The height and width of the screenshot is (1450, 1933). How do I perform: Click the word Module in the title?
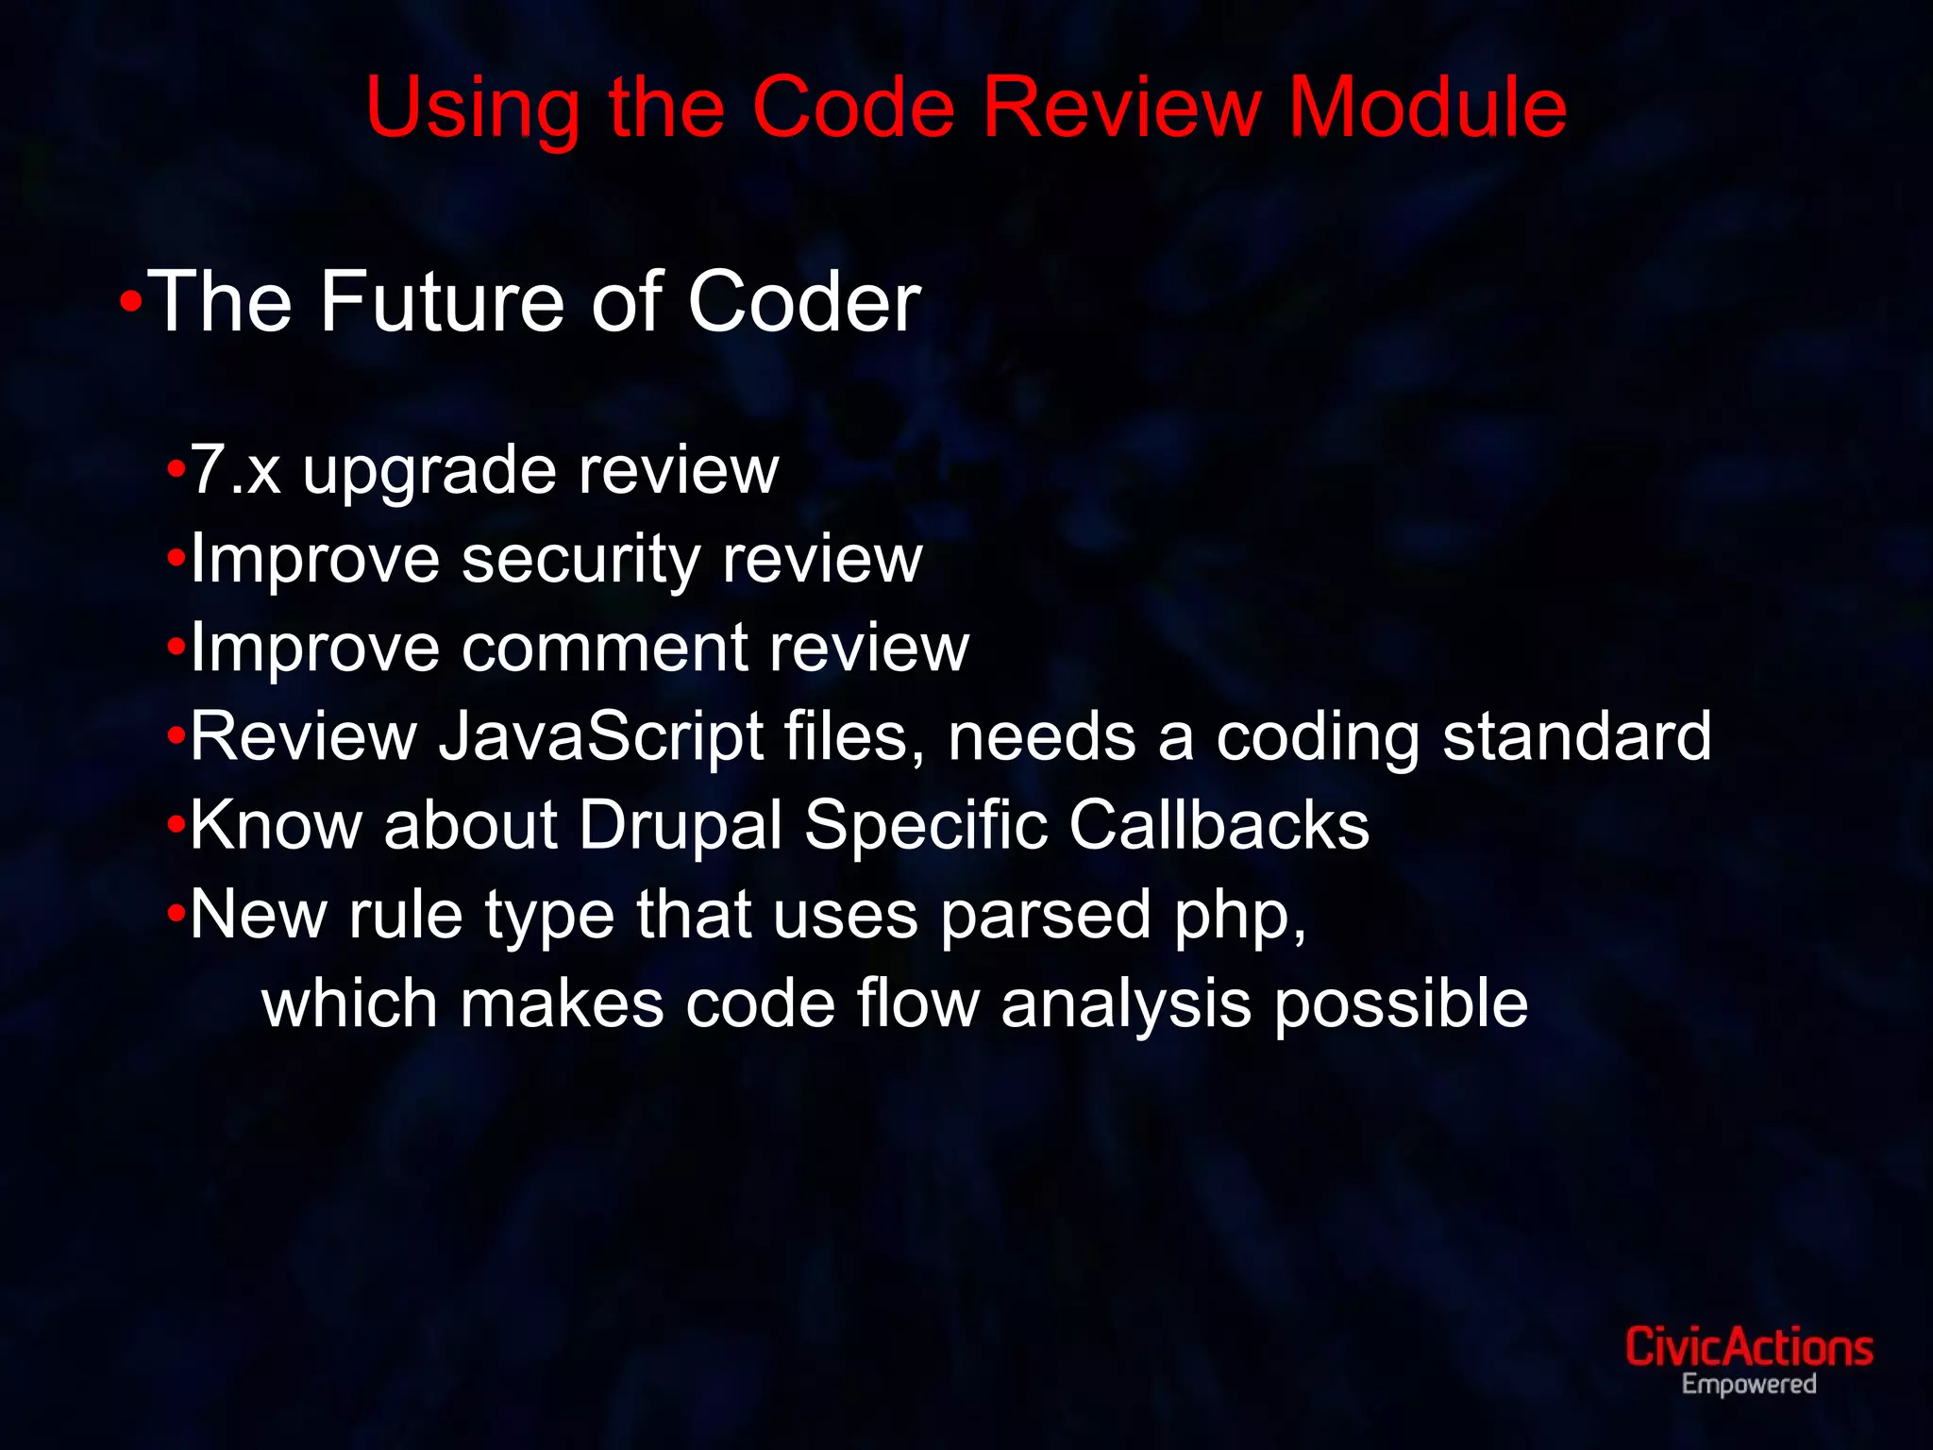(1427, 108)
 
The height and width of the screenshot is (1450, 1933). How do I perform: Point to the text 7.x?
(235, 469)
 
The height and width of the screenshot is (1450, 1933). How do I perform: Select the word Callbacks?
(1219, 826)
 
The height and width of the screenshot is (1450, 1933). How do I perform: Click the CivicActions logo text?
(1748, 1347)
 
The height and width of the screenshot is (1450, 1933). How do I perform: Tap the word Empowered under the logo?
(1748, 1385)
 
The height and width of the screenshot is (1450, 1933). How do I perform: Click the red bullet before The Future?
(131, 303)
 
